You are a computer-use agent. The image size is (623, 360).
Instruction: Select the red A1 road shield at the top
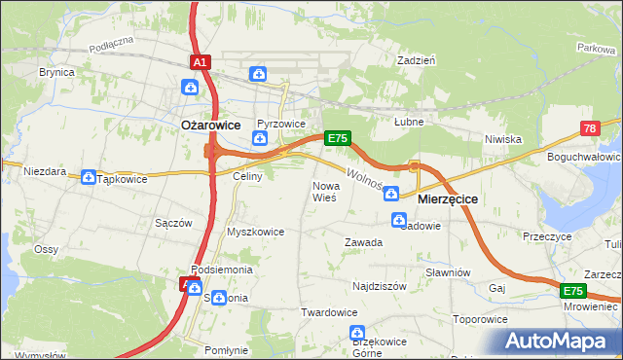[x=200, y=62]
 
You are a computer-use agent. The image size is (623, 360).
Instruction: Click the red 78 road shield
[x=590, y=128]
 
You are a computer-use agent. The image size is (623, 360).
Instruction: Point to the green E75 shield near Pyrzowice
[x=337, y=138]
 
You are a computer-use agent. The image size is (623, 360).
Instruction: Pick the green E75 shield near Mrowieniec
[x=572, y=291]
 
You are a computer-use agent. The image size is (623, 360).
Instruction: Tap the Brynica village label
[x=56, y=73]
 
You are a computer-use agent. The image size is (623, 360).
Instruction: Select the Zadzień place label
[x=416, y=59]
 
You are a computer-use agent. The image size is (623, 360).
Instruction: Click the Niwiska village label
[x=504, y=139]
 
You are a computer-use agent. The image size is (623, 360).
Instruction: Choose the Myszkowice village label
[x=255, y=232]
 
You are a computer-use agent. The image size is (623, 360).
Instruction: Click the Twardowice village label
[x=328, y=312]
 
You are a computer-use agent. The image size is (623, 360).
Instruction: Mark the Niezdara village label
[x=45, y=171]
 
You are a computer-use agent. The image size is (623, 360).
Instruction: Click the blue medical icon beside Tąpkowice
[x=89, y=178]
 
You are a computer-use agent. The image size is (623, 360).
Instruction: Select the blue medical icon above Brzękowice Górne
[x=356, y=335]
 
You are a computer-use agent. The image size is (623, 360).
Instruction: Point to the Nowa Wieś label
[x=324, y=191]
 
